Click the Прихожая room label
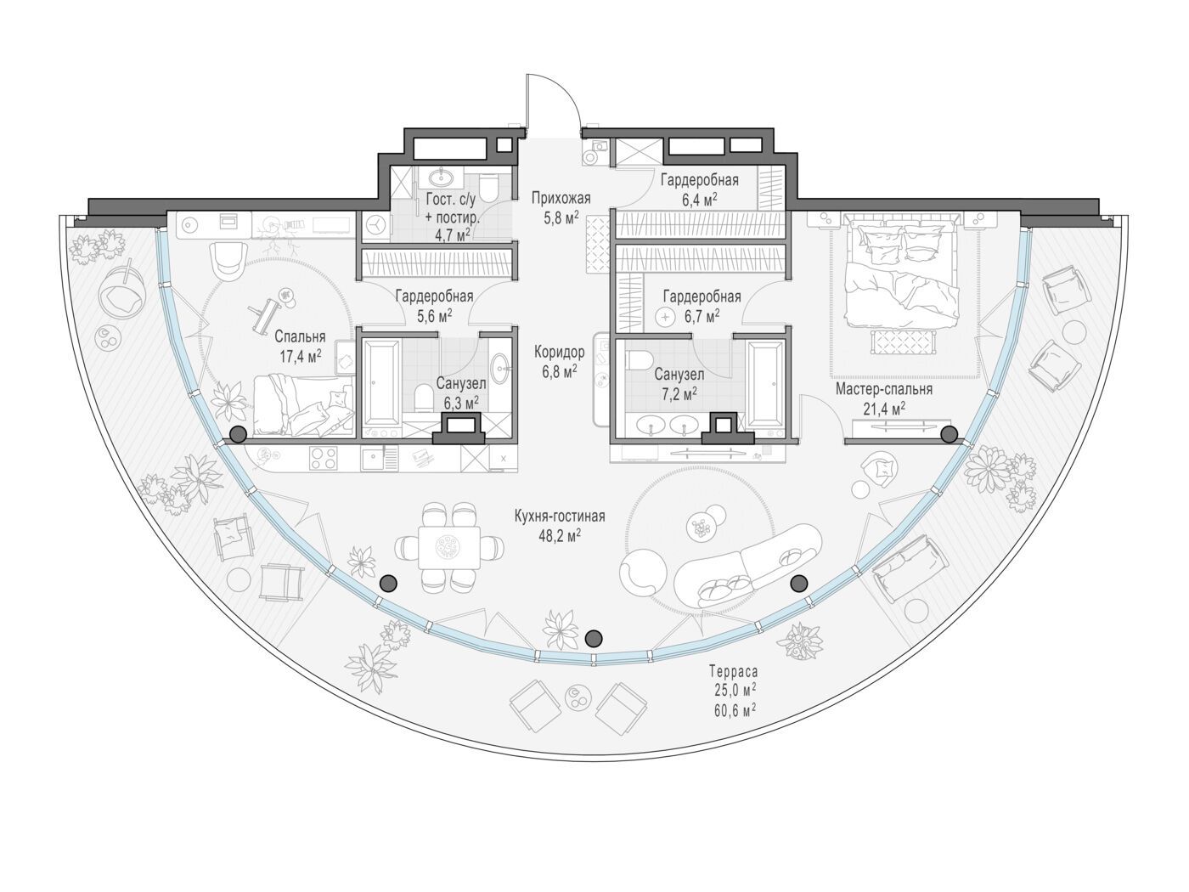tap(561, 198)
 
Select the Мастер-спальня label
tap(884, 389)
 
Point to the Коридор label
tap(560, 353)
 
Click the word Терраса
tap(734, 672)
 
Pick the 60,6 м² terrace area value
tap(735, 710)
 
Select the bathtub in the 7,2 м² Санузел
tap(765, 381)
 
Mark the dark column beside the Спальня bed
tap(239, 433)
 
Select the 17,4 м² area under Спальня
tap(300, 355)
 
